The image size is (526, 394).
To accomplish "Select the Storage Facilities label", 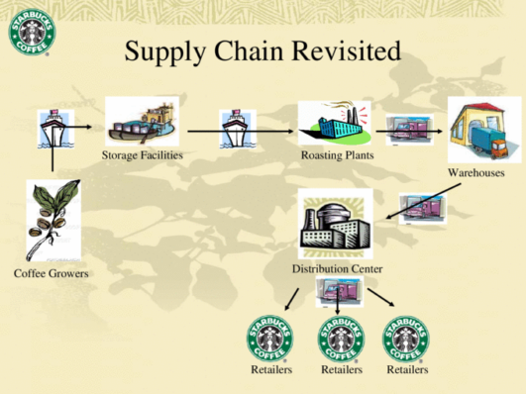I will pos(143,156).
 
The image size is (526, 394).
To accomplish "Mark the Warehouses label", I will pos(476,173).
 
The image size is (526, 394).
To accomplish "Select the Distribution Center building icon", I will pos(334,225).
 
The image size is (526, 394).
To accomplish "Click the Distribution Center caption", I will pos(337,269).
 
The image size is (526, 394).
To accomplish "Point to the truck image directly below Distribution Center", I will pos(339,292).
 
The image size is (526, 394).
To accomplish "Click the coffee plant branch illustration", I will pos(52,220).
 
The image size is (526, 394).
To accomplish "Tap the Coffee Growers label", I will pos(52,272).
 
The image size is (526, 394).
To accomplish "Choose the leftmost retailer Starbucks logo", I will pos(270,338).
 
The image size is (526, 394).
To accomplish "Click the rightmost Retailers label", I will pos(407,370).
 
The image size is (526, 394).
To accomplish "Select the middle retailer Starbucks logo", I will pos(341,338).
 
